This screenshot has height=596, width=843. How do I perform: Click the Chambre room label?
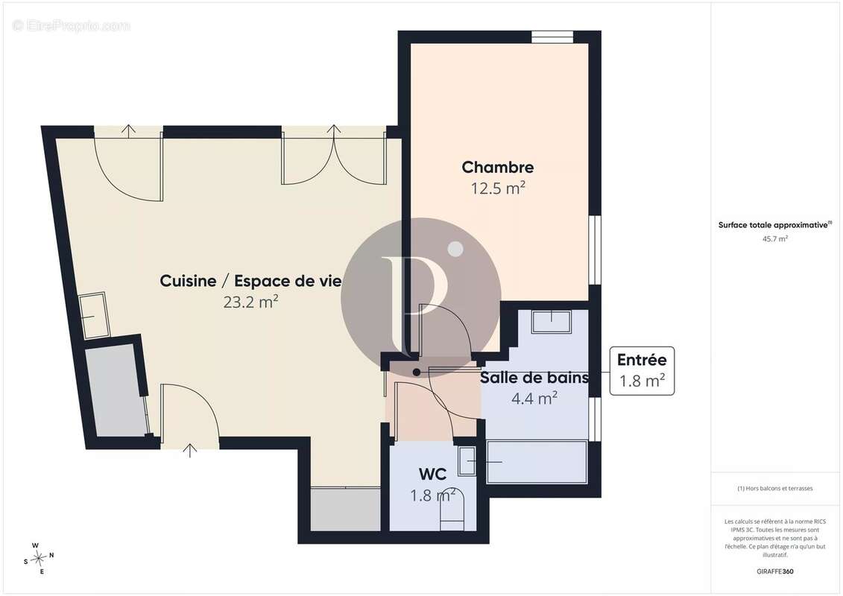tap(497, 167)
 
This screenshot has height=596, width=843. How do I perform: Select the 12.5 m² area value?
tap(498, 188)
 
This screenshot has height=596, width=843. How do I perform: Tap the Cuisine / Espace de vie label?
tap(250, 281)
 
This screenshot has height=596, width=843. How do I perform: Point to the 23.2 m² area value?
tap(250, 302)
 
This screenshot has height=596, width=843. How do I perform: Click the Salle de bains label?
tap(534, 377)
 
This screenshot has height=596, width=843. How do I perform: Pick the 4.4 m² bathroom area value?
tap(534, 399)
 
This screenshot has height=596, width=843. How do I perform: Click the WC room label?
tap(432, 474)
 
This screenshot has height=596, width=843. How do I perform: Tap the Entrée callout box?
tap(642, 371)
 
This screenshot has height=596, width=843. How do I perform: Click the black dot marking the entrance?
tap(417, 372)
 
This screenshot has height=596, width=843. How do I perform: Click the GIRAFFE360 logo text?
tap(774, 571)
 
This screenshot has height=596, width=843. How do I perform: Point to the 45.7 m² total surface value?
tap(774, 239)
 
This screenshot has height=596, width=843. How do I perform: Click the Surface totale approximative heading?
tap(774, 225)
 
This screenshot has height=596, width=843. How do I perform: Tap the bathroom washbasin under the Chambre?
tap(552, 321)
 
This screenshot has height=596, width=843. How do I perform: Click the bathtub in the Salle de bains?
tap(536, 462)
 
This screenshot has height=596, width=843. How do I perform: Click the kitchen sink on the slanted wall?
tap(94, 315)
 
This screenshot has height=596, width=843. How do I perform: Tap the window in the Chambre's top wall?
tap(552, 37)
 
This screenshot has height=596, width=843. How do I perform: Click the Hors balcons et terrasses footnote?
tap(774, 489)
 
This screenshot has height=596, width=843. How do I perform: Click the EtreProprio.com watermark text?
tap(71, 25)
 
